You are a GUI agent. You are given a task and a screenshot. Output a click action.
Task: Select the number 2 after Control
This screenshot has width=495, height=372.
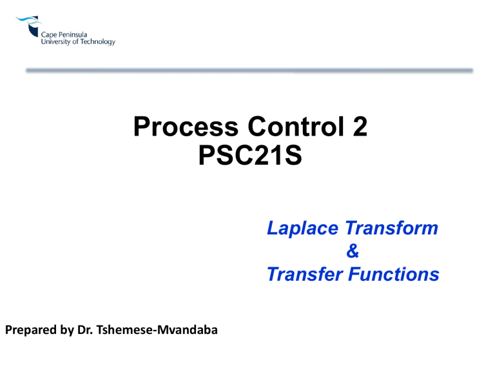(358, 126)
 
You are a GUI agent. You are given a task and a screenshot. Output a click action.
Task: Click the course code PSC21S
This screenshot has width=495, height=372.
(248, 155)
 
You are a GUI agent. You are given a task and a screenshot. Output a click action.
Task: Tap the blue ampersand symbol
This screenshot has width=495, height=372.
(352, 252)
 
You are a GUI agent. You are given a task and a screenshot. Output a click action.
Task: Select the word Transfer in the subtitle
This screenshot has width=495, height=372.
(303, 275)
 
